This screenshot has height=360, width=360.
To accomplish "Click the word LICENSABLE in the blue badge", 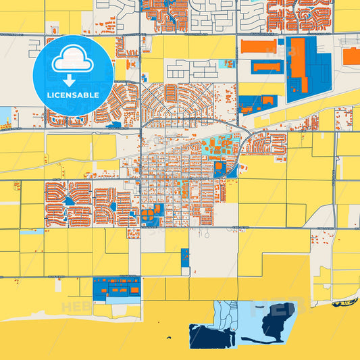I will click(x=74, y=95).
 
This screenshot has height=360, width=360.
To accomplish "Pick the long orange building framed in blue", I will click(x=266, y=66).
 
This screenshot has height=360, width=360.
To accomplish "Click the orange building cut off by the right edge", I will click(x=352, y=56).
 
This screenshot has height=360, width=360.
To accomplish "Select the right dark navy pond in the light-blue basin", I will click(x=281, y=317).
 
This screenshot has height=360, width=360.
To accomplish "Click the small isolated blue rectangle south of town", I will click(x=184, y=261).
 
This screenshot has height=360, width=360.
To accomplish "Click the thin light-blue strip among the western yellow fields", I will click(x=32, y=232).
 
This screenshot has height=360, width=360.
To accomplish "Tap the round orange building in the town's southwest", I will click(x=145, y=217).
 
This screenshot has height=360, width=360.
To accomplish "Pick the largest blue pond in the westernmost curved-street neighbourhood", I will click(x=69, y=201).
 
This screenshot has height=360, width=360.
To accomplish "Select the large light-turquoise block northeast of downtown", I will click(x=216, y=145).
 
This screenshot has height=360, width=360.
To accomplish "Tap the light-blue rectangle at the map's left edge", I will click(x=5, y=115).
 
